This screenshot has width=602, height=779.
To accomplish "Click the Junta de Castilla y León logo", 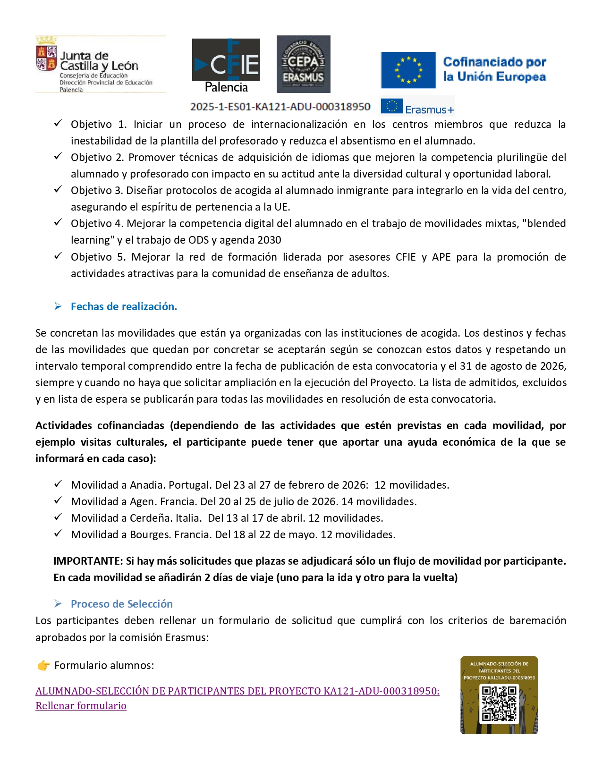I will pyautogui.click(x=100, y=64).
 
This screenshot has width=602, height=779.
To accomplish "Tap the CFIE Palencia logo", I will pyautogui.click(x=226, y=65).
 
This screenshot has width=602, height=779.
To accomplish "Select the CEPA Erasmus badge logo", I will pyautogui.click(x=303, y=64).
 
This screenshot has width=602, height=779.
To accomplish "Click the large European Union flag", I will pyautogui.click(x=408, y=70).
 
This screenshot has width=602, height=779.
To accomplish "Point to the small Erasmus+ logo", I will pyautogui.click(x=417, y=107).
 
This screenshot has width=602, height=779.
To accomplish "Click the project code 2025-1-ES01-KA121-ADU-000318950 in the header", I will pyautogui.click(x=280, y=107).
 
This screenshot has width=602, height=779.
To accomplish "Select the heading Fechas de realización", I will pyautogui.click(x=124, y=306).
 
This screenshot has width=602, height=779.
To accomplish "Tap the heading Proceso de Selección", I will pyautogui.click(x=122, y=604).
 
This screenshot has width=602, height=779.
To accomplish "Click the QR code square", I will pyautogui.click(x=499, y=704).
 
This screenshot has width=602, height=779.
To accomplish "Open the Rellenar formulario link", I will pyautogui.click(x=81, y=706).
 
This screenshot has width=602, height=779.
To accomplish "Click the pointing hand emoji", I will pyautogui.click(x=43, y=666).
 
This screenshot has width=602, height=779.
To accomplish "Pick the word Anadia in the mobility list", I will pyautogui.click(x=146, y=485).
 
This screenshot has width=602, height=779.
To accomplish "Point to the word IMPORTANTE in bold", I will pyautogui.click(x=88, y=561).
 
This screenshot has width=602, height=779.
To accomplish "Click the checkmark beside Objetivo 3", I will pyautogui.click(x=58, y=190).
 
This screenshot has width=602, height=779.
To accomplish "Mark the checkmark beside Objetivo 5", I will pyautogui.click(x=58, y=256).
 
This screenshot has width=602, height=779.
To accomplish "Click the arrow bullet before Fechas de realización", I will pyautogui.click(x=58, y=306).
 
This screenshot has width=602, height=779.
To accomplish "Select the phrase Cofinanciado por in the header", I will pyautogui.click(x=495, y=62).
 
